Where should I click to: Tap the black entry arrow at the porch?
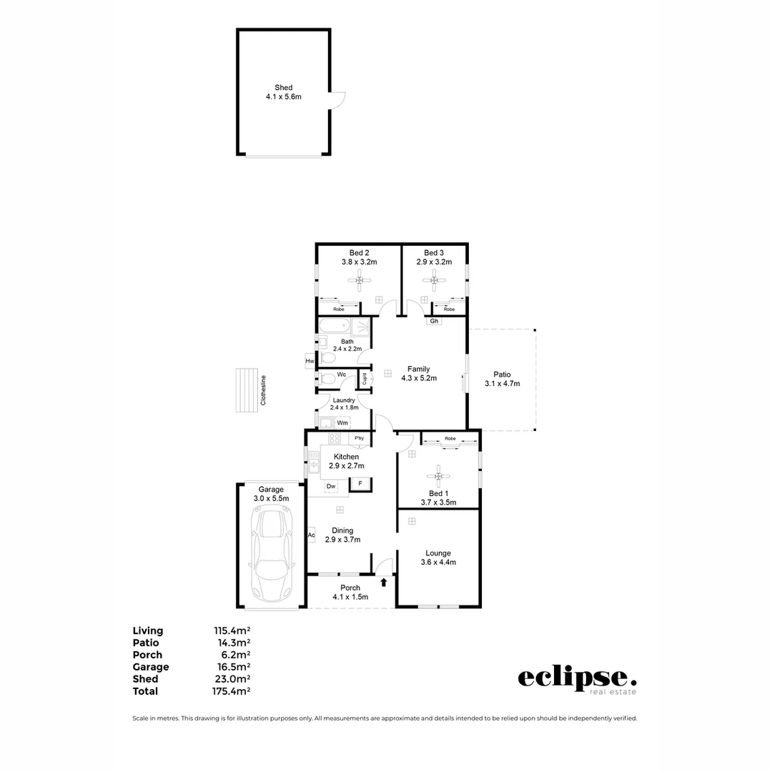(384, 583)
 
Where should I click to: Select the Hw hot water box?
(310, 362)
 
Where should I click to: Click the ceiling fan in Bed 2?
(360, 281)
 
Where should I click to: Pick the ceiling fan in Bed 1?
(439, 476)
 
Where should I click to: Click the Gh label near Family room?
(434, 321)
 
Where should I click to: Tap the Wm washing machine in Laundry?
(342, 422)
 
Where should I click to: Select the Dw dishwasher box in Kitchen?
(331, 487)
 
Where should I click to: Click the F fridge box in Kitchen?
(360, 485)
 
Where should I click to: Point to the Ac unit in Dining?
(311, 535)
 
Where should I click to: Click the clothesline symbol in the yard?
(247, 390)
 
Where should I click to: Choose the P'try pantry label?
(359, 438)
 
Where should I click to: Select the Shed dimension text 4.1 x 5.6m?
(284, 96)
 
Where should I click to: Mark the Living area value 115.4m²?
(232, 630)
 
